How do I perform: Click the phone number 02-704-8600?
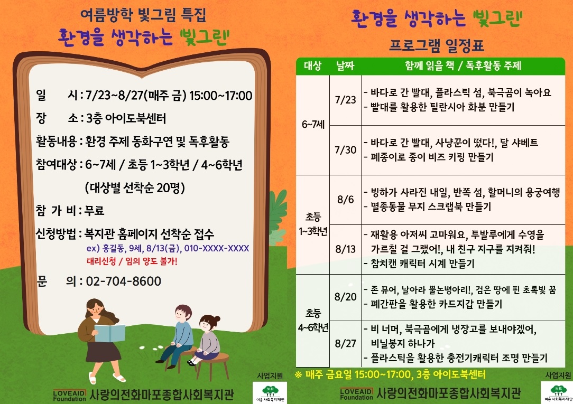pyautogui.click(x=124, y=281)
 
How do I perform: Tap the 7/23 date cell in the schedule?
pyautogui.click(x=345, y=100)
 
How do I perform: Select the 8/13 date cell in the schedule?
pyautogui.click(x=345, y=249)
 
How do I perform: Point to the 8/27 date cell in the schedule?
pyautogui.click(x=345, y=343)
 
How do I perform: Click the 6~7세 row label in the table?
pyautogui.click(x=313, y=125)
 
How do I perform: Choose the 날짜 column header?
pyautogui.click(x=345, y=65)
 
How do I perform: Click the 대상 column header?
pyautogui.click(x=312, y=65)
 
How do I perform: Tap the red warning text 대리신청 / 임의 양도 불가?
pyautogui.click(x=132, y=261)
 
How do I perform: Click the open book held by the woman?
pyautogui.click(x=109, y=333)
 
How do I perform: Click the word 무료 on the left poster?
pyautogui.click(x=94, y=211)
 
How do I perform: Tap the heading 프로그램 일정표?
pyautogui.click(x=437, y=45)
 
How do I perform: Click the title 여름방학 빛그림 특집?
pyautogui.click(x=143, y=15)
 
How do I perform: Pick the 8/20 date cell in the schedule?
pyautogui.click(x=345, y=297)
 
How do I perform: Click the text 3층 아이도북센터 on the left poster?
pyautogui.click(x=126, y=118)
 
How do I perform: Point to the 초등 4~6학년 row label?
pyautogui.click(x=313, y=321)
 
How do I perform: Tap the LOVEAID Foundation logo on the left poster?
pyautogui.click(x=69, y=395)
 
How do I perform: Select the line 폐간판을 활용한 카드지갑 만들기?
pyautogui.click(x=433, y=304)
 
